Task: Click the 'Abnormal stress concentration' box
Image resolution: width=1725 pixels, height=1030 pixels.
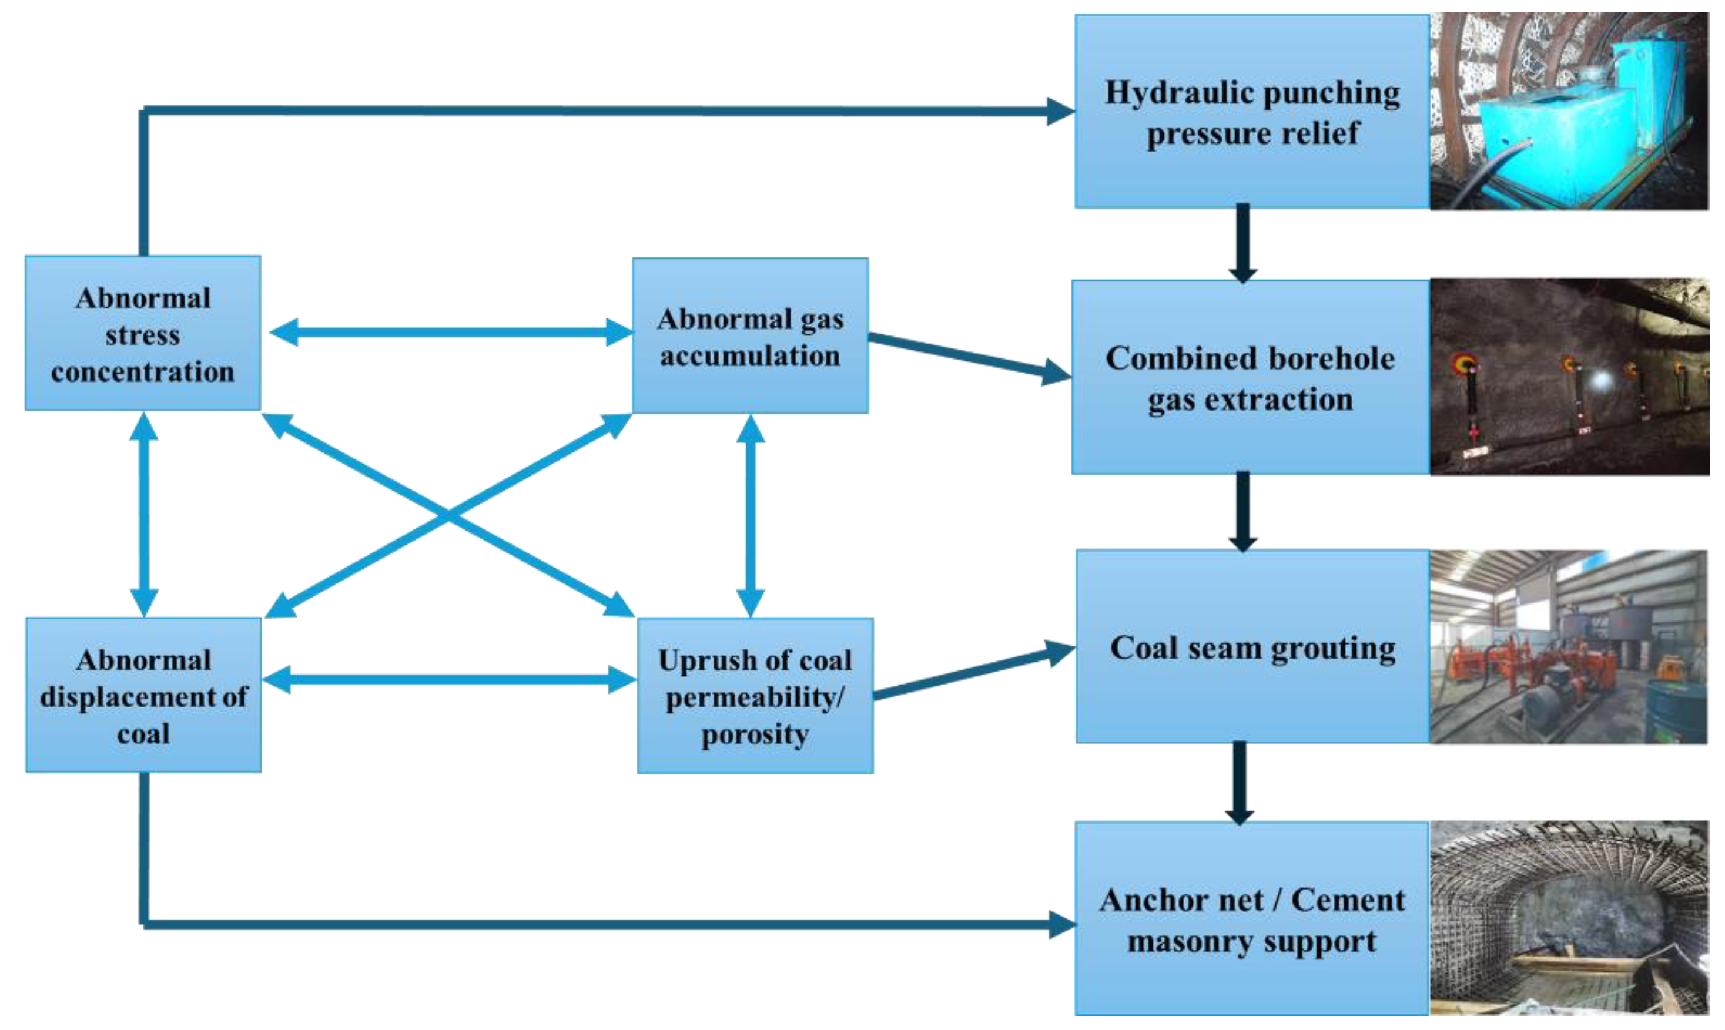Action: click(143, 333)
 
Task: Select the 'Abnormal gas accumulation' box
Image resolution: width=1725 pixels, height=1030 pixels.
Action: click(750, 336)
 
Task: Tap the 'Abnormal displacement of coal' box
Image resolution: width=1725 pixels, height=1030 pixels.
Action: click(143, 695)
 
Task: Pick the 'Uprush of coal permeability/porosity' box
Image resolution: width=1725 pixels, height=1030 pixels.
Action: click(755, 696)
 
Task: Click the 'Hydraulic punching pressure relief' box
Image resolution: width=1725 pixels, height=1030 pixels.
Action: click(1251, 112)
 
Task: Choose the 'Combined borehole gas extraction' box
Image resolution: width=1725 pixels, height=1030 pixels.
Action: click(1250, 378)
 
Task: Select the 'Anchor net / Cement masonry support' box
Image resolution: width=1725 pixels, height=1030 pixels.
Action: click(1251, 919)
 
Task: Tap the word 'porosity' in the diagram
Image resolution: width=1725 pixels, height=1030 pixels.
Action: click(755, 734)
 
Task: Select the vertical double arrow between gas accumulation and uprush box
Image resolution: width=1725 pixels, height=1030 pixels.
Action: click(751, 516)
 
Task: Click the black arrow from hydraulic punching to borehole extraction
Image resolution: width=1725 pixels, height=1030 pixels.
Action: click(1242, 243)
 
